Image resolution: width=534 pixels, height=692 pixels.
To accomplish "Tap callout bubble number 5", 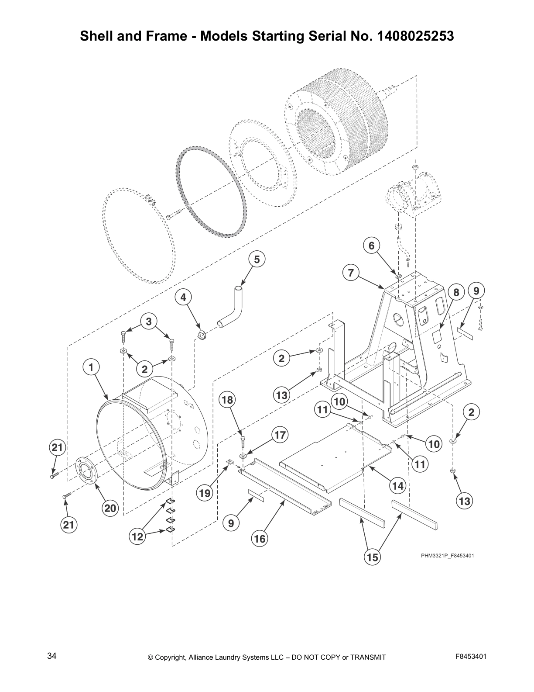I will click(x=257, y=259).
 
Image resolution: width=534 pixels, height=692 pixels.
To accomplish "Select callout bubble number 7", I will click(x=351, y=273).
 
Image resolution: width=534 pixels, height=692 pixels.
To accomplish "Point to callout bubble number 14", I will click(x=398, y=485).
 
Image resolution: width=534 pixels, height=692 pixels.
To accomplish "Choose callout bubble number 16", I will click(x=259, y=539).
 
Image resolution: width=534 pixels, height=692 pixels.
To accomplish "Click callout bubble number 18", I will click(x=228, y=400).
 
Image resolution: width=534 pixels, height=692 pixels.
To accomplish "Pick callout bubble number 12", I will click(x=137, y=536).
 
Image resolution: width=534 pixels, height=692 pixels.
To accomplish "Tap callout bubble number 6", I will click(x=371, y=246).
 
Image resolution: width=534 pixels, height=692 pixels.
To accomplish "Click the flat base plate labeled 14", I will click(x=336, y=454).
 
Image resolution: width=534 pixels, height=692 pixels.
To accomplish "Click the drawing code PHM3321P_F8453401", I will click(x=447, y=556).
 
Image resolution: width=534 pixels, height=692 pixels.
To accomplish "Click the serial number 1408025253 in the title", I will click(x=413, y=36).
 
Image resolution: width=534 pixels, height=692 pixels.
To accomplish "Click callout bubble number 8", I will click(x=456, y=292).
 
